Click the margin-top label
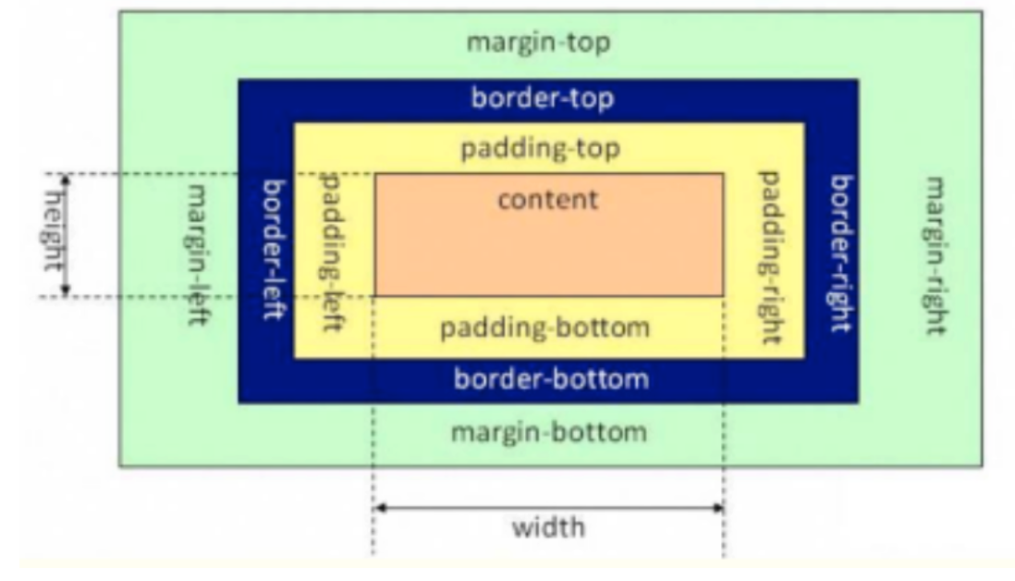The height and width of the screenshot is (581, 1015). click(x=539, y=43)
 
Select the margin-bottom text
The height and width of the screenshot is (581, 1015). click(x=547, y=431)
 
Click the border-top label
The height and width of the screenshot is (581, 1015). click(x=543, y=98)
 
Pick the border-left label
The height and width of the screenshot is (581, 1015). click(x=275, y=250)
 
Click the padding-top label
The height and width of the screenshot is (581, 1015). click(x=541, y=148)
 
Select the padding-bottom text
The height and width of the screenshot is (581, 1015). click(x=544, y=328)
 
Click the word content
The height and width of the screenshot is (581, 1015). click(x=547, y=199)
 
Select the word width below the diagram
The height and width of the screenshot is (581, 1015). click(x=548, y=528)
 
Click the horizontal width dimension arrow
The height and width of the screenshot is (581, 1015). click(x=548, y=507)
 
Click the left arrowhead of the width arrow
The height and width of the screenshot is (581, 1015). click(x=378, y=507)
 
